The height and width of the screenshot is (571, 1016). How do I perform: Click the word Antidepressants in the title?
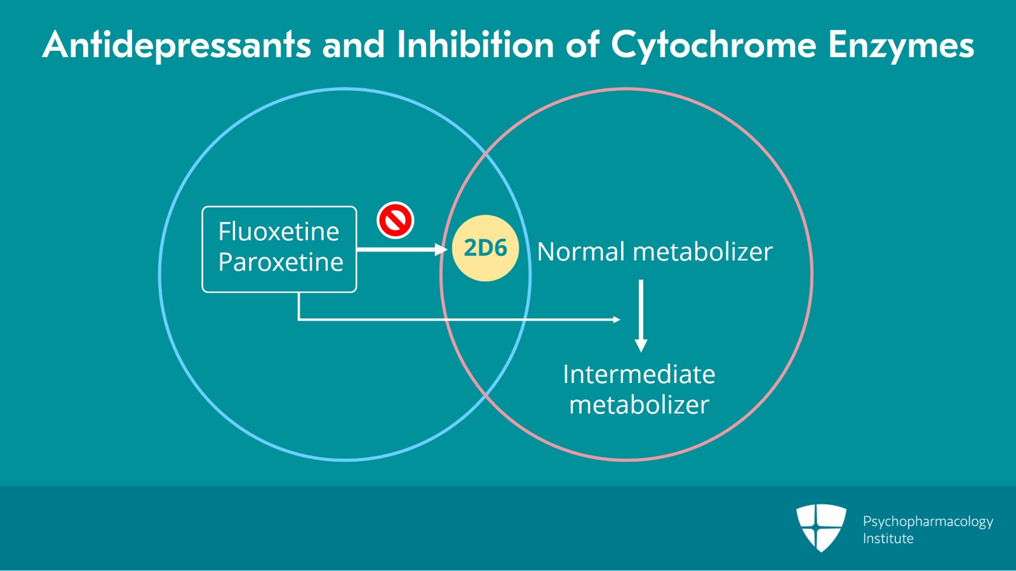[177, 46]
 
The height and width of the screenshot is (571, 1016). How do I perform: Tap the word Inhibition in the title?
[476, 46]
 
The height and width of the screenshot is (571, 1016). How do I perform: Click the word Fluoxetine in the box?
[279, 232]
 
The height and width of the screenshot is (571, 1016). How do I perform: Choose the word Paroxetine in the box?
[281, 262]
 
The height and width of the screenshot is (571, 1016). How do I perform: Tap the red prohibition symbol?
[396, 220]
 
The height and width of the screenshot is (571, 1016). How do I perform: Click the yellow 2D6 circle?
[485, 248]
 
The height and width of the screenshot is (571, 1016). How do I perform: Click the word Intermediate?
[639, 375]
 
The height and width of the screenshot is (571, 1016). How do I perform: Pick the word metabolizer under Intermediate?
[639, 405]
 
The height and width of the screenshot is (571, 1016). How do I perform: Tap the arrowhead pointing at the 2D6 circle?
[441, 250]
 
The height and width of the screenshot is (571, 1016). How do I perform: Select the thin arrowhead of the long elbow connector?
[617, 319]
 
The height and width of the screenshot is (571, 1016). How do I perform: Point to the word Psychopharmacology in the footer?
[928, 521]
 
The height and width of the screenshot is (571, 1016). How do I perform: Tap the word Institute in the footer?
[888, 539]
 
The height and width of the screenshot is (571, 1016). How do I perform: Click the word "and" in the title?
[354, 46]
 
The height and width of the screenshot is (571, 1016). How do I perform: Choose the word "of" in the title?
[582, 46]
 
